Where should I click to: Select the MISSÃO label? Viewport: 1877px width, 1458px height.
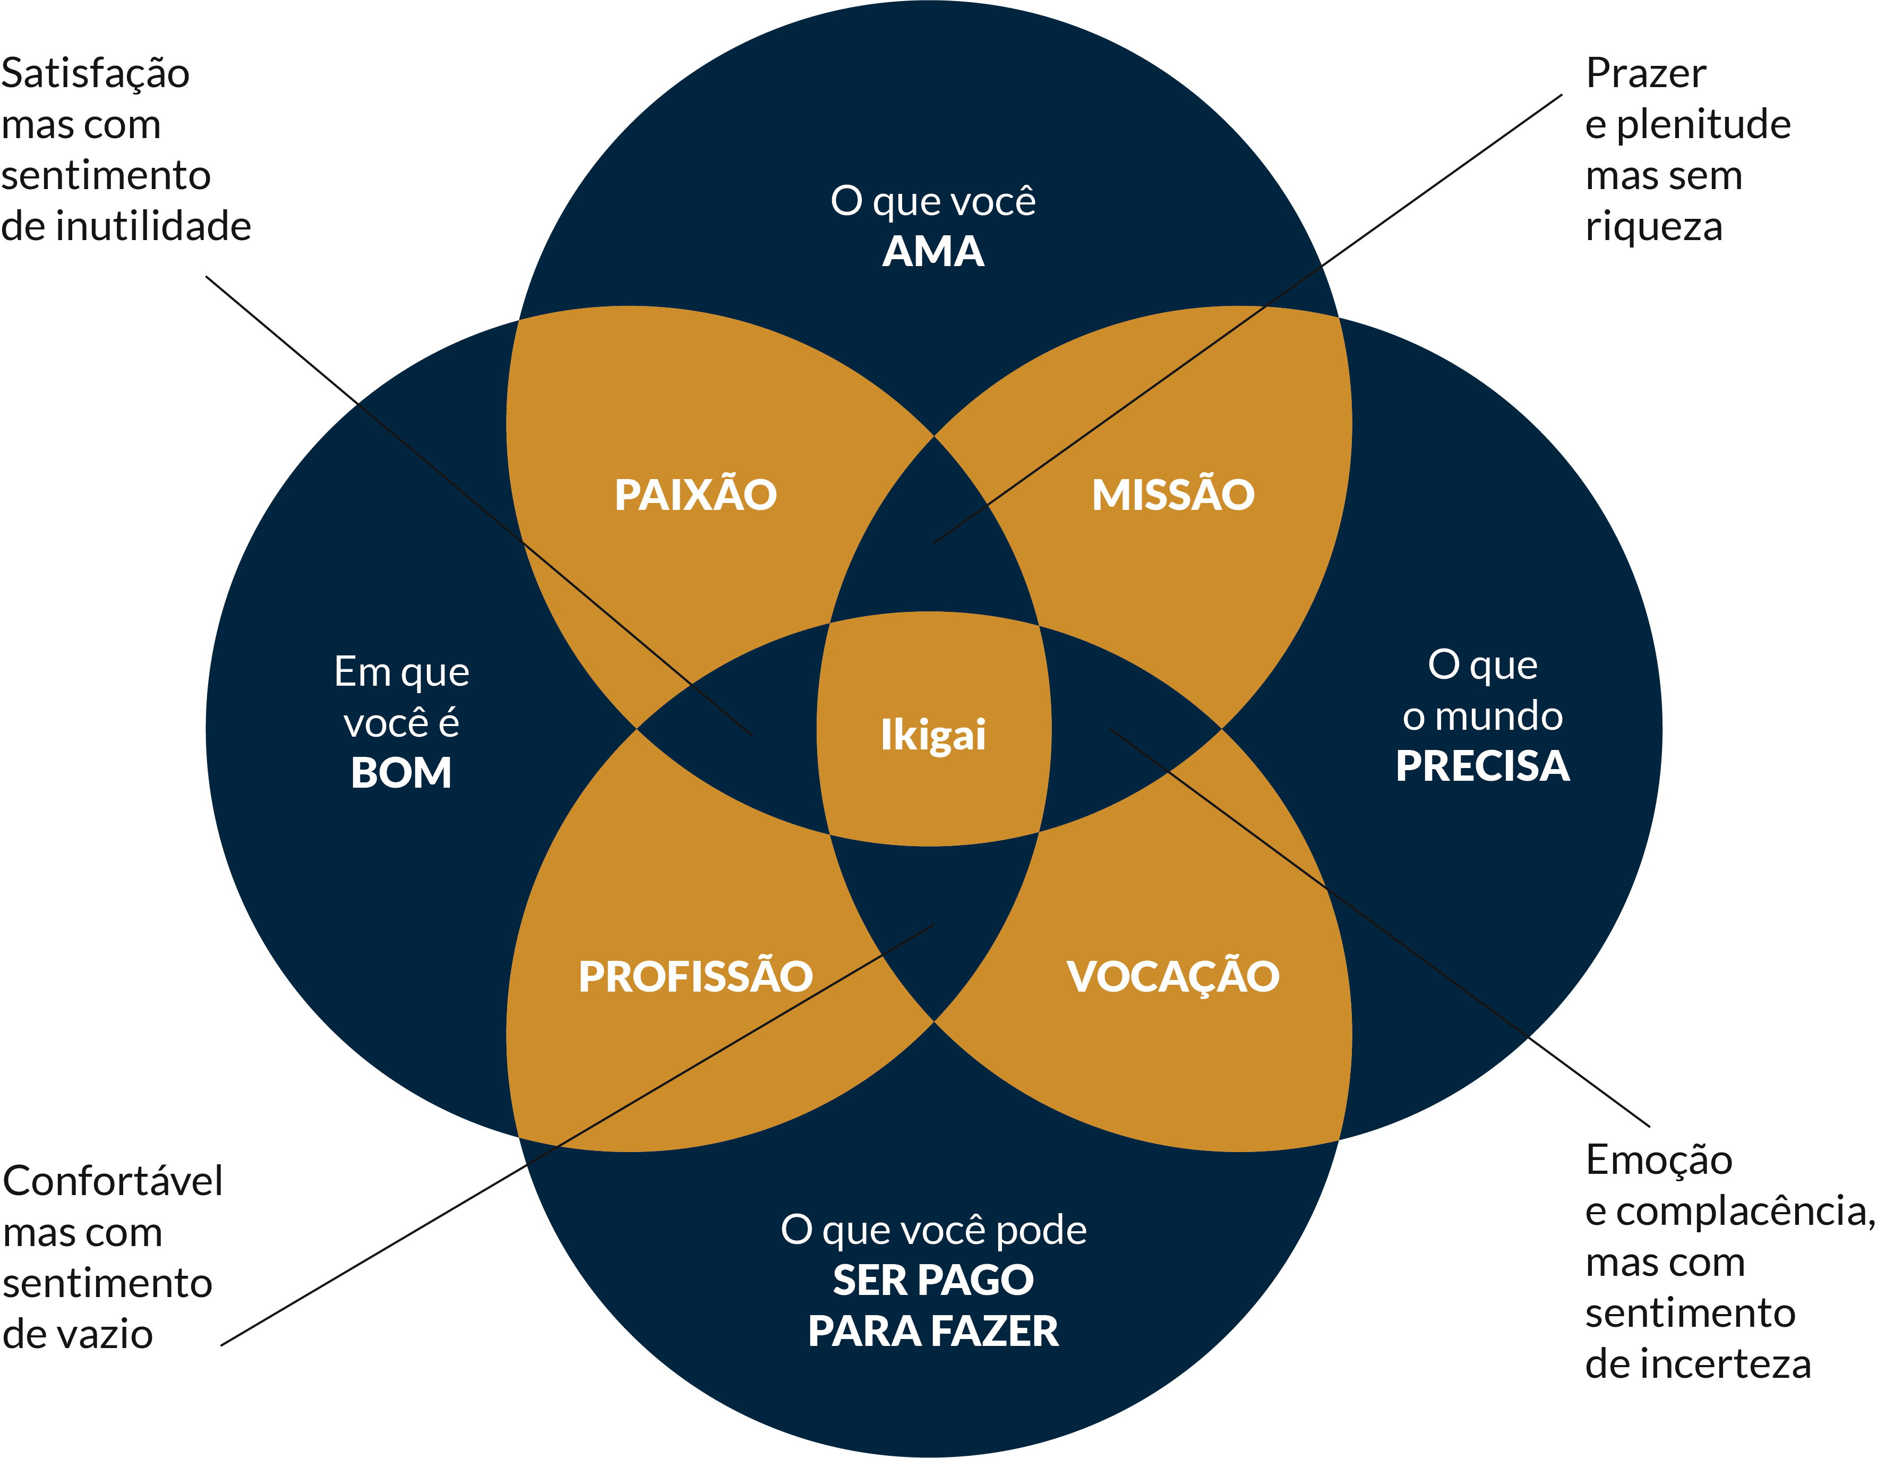pos(1173,494)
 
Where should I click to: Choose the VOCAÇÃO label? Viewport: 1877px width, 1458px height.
pos(1173,977)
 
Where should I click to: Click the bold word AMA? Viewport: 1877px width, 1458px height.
pos(933,252)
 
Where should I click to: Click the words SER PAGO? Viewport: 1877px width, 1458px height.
pos(933,1280)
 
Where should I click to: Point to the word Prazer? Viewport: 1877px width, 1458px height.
pos(1646,73)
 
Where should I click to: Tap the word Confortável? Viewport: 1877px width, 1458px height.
pos(113,1181)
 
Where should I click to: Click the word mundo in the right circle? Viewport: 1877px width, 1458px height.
pos(1499,716)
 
